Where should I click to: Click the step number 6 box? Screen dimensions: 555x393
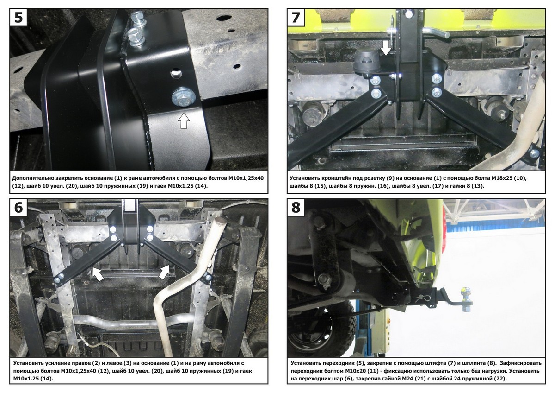point(18,208)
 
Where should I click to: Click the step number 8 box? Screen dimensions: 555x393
point(296,208)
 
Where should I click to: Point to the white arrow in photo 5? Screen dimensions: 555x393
point(184,120)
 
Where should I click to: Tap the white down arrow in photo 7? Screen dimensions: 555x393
point(386,48)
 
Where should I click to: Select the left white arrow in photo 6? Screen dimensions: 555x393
point(98,274)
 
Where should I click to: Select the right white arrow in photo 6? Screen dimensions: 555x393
point(164,272)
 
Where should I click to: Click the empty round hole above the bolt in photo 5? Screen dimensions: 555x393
point(176,74)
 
